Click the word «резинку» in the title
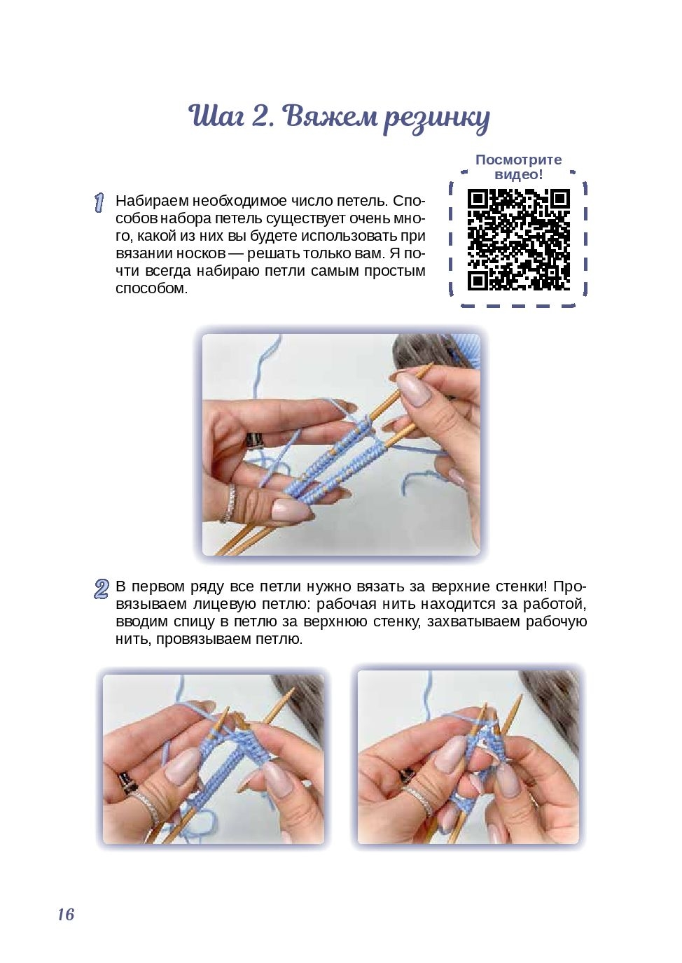[x=436, y=118]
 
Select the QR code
[x=519, y=239]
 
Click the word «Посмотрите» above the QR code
[x=518, y=160]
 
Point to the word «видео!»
[x=519, y=174]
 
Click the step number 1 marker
[x=99, y=202]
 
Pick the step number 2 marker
[x=101, y=589]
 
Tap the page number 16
[x=66, y=914]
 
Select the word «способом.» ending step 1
[x=151, y=288]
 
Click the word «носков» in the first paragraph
[x=201, y=253]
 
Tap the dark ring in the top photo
[x=255, y=440]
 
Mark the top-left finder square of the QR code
[x=478, y=199]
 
